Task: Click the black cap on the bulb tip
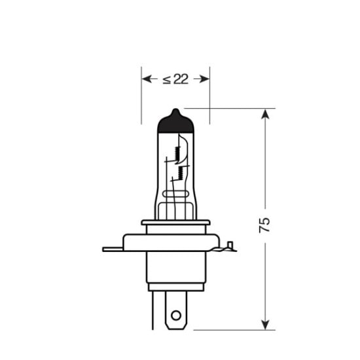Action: [175, 120]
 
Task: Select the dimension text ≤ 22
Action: [175, 79]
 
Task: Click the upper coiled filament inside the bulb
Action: [177, 154]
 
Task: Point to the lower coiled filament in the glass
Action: [178, 172]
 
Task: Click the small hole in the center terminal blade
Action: [175, 315]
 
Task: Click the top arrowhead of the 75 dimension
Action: [265, 115]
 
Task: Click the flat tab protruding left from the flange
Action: [113, 249]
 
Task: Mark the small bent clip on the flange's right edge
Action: [230, 247]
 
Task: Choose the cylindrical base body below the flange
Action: [175, 268]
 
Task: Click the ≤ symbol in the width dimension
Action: [166, 79]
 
